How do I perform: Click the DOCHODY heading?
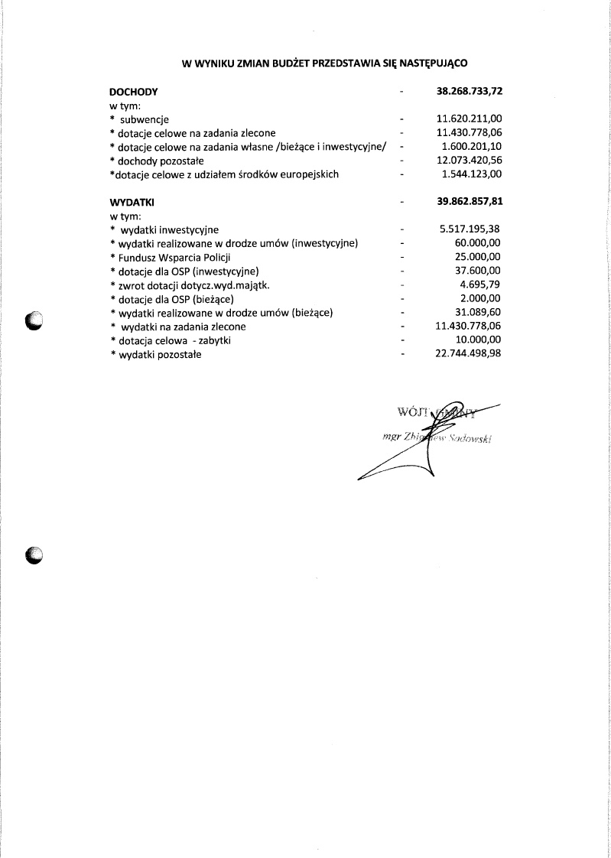click(x=134, y=91)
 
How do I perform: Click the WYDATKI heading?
click(x=132, y=203)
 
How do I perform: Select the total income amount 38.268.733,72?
click(x=469, y=91)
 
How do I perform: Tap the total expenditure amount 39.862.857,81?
click(x=469, y=203)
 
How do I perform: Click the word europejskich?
click(x=307, y=174)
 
